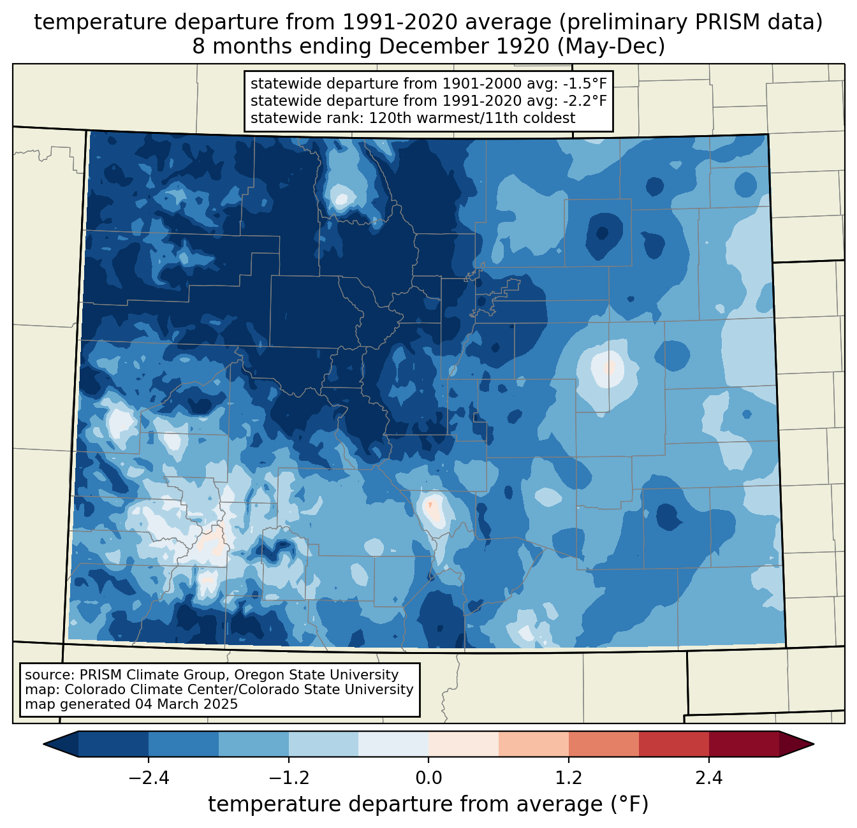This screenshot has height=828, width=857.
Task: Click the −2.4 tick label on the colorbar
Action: (149, 778)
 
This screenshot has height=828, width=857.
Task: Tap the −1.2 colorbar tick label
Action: (289, 778)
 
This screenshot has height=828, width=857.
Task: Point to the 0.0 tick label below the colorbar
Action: (428, 778)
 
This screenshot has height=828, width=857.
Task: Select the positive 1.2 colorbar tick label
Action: (569, 778)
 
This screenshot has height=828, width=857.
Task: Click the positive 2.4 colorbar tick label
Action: (708, 778)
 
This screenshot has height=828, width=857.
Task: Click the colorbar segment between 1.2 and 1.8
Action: (603, 744)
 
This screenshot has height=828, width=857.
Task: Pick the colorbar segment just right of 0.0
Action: (464, 744)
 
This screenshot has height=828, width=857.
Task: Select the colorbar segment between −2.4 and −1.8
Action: (184, 744)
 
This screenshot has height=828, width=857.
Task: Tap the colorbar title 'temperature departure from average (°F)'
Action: (428, 804)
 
